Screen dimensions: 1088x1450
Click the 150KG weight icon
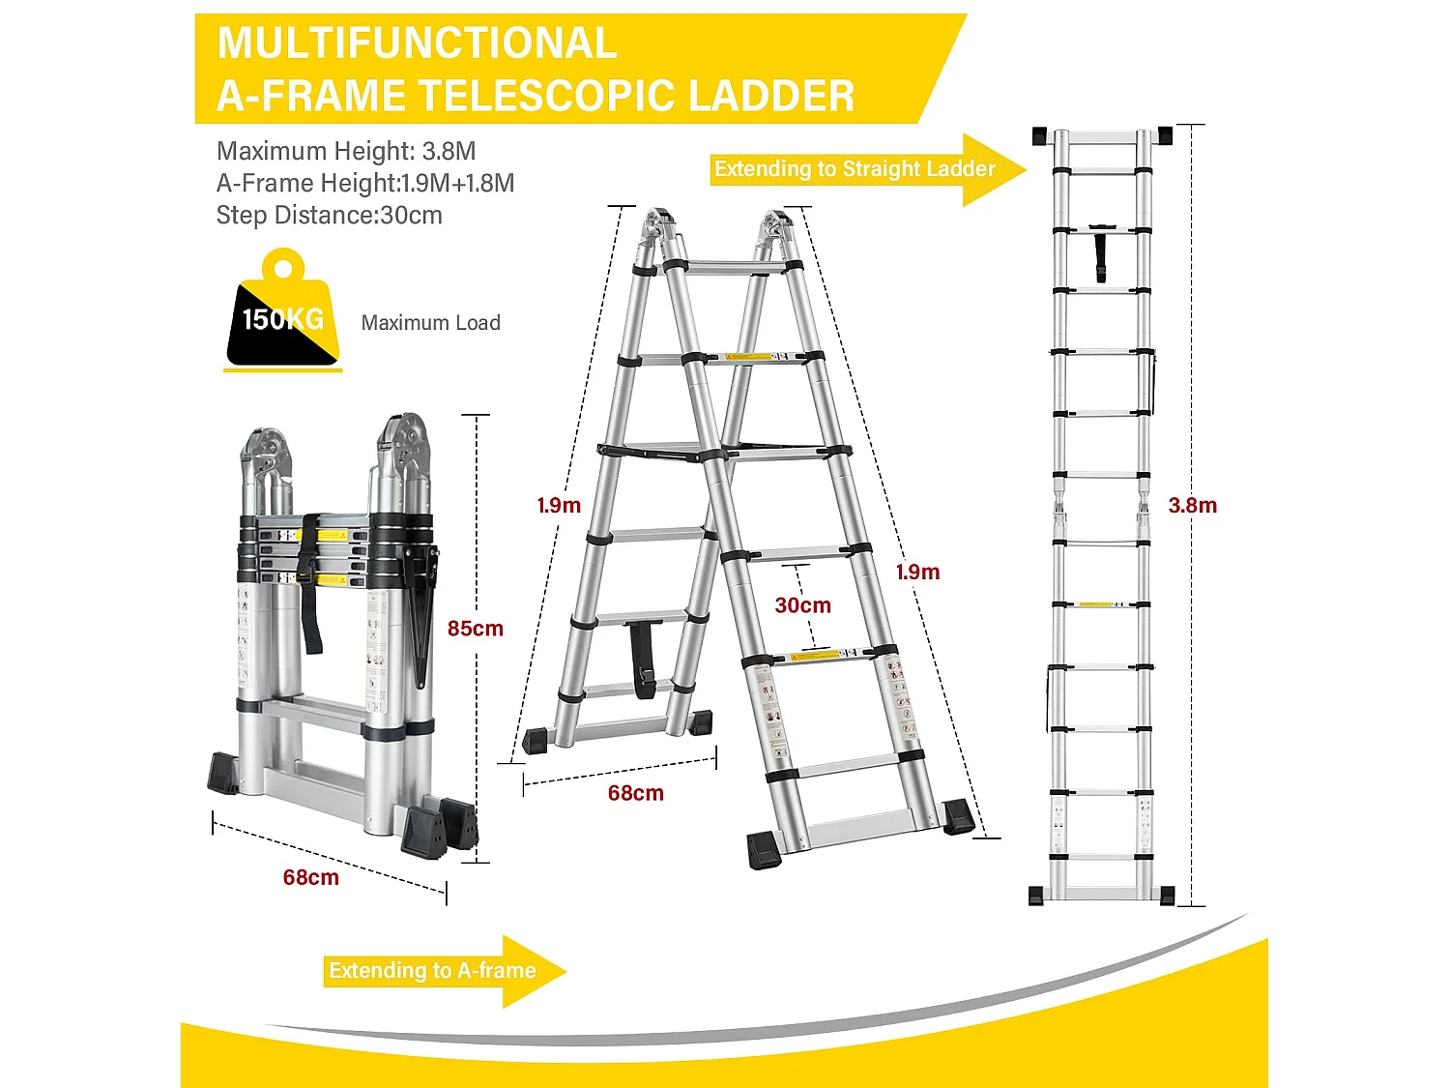click(282, 314)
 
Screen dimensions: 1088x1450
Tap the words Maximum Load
click(430, 323)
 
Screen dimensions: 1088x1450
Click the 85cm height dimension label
click(475, 629)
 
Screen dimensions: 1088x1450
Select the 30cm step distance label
click(802, 605)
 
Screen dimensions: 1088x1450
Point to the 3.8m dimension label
click(1192, 505)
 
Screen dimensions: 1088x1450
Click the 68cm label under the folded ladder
click(310, 877)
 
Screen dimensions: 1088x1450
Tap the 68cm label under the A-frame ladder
click(635, 793)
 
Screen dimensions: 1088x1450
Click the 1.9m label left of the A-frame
click(559, 505)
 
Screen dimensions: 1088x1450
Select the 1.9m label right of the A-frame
click(917, 572)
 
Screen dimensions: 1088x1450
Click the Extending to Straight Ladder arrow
click(866, 169)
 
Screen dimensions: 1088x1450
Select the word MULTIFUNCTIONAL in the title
click(417, 44)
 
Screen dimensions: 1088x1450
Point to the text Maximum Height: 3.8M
click(346, 151)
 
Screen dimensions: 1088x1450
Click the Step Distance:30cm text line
click(329, 215)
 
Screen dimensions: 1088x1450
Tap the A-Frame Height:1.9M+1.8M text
click(364, 183)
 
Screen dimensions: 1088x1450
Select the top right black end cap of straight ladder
click(1164, 135)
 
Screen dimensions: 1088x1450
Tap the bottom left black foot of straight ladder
click(1037, 896)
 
